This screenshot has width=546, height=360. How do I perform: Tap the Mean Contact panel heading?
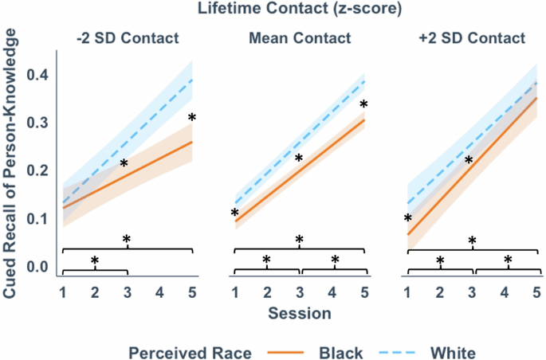pos(299,37)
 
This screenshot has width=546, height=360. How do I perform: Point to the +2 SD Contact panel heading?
pos(472,37)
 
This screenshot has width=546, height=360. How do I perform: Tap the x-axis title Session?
pos(300,314)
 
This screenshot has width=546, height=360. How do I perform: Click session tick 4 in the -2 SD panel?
pos(159,292)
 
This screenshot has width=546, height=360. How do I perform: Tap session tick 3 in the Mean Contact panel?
pos(300,292)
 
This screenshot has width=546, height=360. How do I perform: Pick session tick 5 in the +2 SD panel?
pos(537,292)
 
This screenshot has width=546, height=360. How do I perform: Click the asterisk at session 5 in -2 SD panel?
pos(191,119)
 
